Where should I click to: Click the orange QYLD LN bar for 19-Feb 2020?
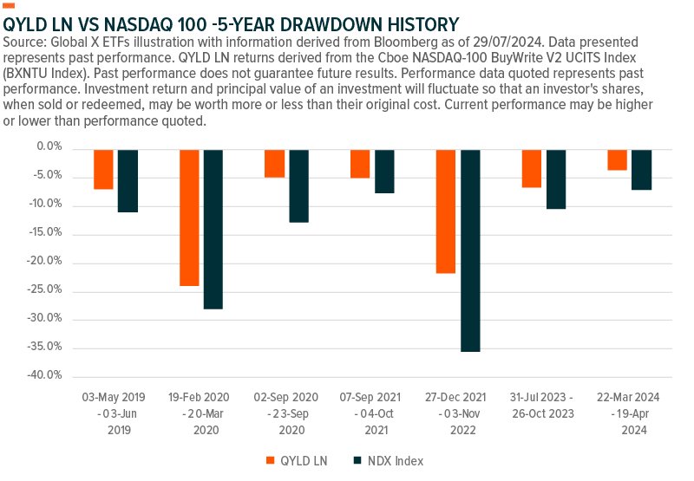click(189, 218)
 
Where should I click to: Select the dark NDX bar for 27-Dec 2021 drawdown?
click(470, 250)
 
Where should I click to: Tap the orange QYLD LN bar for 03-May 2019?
click(103, 169)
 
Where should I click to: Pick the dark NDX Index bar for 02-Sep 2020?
click(299, 185)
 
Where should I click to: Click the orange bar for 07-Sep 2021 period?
click(360, 164)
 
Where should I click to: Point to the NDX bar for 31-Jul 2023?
click(556, 179)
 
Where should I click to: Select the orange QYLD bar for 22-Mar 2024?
click(618, 160)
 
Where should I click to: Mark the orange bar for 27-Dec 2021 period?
click(446, 211)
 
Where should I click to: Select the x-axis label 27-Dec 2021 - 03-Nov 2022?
click(458, 412)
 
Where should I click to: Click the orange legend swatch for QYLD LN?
click(271, 460)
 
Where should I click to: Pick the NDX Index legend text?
click(396, 460)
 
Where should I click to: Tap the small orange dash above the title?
click(10, 6)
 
